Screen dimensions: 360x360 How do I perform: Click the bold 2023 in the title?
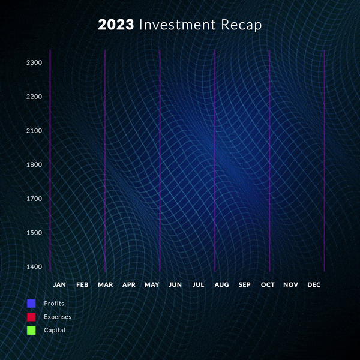point(116,25)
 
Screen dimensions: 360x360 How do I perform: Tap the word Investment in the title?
point(177,25)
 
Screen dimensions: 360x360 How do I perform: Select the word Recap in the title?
point(241,25)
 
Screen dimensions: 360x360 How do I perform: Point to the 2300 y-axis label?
point(34,62)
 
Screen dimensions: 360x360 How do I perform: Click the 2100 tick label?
point(34,131)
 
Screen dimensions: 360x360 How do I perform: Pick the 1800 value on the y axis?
point(34,164)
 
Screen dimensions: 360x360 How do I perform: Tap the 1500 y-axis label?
point(34,233)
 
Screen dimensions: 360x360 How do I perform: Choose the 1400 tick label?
point(34,266)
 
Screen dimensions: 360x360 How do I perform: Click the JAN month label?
point(59,284)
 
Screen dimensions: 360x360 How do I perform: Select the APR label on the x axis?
point(129,284)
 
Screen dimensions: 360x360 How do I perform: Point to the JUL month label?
point(199,284)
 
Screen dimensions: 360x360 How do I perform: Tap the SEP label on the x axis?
point(245,284)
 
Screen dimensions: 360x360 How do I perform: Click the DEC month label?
point(314,284)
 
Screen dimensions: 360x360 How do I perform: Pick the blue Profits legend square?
point(31,303)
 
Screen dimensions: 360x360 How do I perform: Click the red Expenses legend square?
point(31,317)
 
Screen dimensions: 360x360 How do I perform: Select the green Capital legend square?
point(31,331)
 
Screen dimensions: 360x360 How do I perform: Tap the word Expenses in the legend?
point(58,317)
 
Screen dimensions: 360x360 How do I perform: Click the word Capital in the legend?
point(55,331)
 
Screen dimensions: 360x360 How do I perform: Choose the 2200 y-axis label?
point(34,97)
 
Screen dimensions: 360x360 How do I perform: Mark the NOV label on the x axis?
point(290,284)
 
